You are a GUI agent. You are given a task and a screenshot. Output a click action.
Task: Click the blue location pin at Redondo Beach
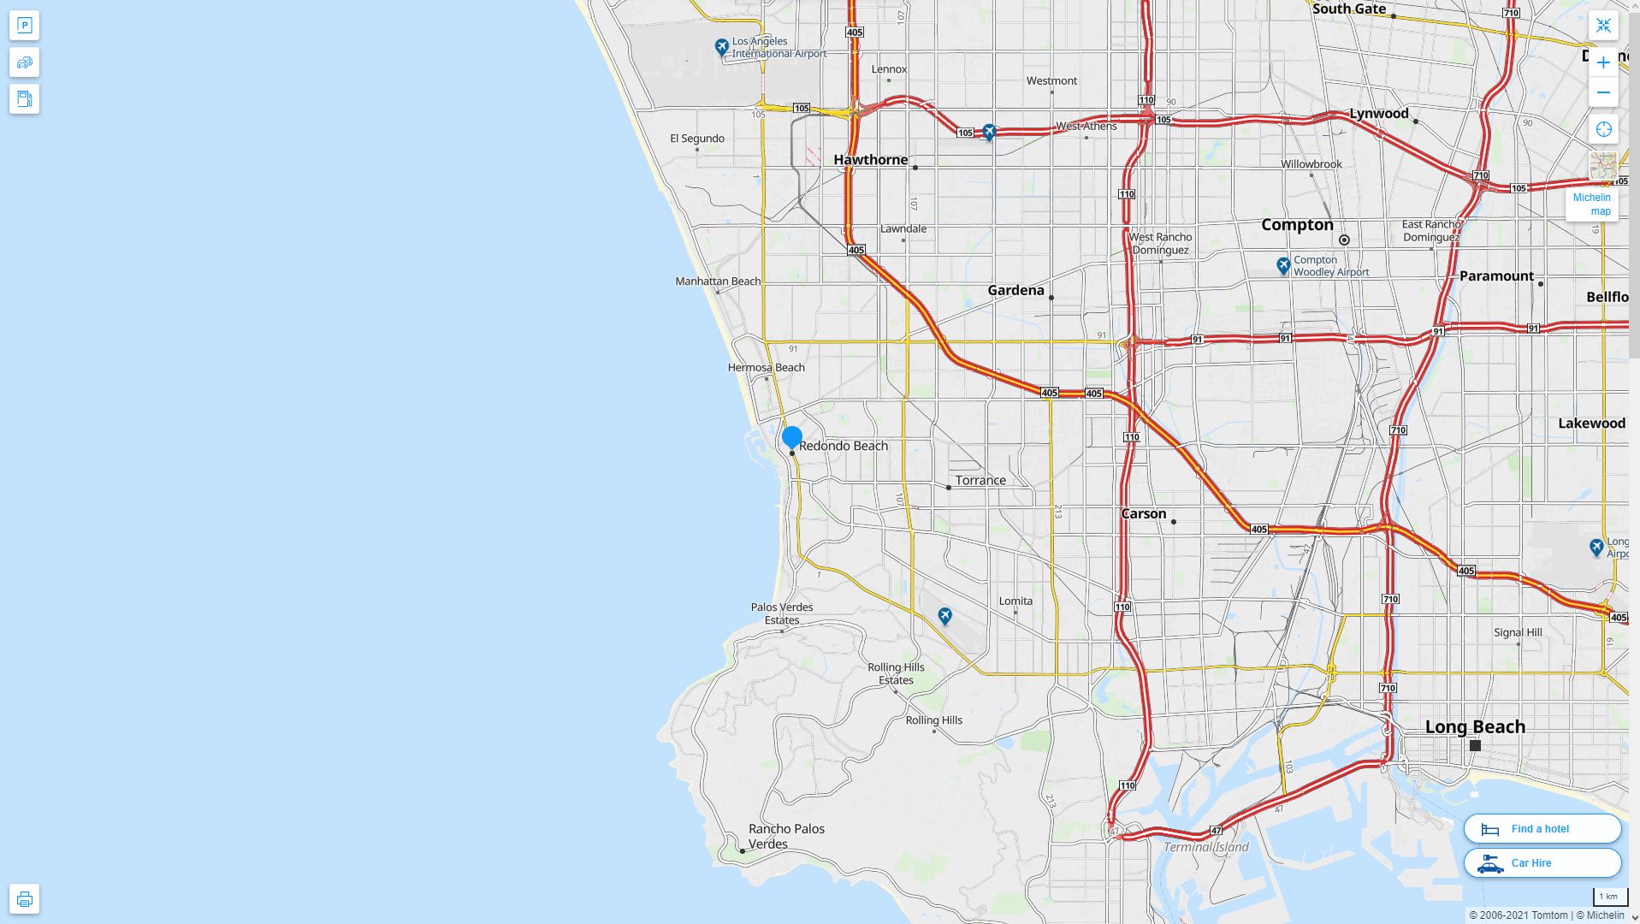pyautogui.click(x=791, y=437)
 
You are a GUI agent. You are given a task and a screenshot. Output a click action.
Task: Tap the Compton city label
pyautogui.click(x=1297, y=225)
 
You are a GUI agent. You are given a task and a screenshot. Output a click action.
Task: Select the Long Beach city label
pyautogui.click(x=1475, y=727)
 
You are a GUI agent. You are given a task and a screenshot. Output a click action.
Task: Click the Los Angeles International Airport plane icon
pyautogui.click(x=722, y=46)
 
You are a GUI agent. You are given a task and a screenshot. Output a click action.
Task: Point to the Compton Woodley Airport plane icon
pyautogui.click(x=1282, y=265)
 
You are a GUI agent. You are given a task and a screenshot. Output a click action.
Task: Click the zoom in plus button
pyautogui.click(x=1603, y=62)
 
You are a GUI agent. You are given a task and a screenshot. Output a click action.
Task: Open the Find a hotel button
pyautogui.click(x=1542, y=828)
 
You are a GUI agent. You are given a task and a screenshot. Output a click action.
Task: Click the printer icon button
pyautogui.click(x=24, y=898)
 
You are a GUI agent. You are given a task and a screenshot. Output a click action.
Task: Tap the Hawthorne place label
pyautogui.click(x=870, y=160)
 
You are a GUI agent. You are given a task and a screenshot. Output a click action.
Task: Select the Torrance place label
pyautogui.click(x=980, y=481)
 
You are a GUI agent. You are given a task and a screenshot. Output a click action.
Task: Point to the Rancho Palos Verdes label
pyautogui.click(x=786, y=836)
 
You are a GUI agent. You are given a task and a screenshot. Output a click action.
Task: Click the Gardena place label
pyautogui.click(x=1015, y=291)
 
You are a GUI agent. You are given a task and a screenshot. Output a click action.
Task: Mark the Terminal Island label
pyautogui.click(x=1205, y=847)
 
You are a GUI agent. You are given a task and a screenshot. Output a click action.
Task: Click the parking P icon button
pyautogui.click(x=24, y=26)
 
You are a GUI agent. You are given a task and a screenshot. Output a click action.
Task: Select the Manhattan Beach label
pyautogui.click(x=717, y=281)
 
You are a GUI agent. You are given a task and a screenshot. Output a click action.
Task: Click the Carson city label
pyautogui.click(x=1143, y=514)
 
